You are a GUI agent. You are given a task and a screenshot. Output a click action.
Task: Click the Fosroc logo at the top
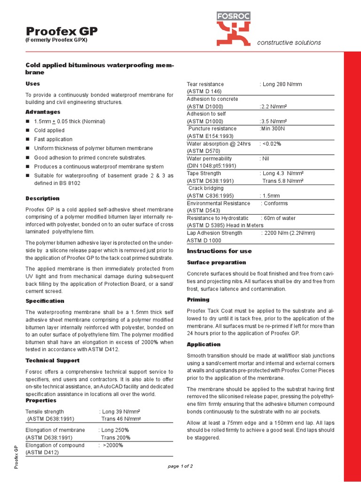(233, 27)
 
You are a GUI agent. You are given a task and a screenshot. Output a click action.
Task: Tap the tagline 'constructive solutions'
(289, 43)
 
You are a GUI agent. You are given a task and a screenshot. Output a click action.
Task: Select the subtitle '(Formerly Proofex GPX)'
(56, 40)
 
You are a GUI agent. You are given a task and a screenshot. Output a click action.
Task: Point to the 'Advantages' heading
(43, 112)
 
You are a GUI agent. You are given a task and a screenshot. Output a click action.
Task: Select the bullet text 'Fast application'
(53, 139)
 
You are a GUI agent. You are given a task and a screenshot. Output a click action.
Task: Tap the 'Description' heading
(42, 199)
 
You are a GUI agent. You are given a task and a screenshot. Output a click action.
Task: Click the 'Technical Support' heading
(52, 361)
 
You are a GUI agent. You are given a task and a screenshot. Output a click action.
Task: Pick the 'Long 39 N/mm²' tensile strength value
(120, 411)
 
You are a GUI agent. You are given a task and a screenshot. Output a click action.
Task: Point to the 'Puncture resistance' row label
(212, 129)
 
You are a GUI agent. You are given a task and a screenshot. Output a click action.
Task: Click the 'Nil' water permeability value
(265, 159)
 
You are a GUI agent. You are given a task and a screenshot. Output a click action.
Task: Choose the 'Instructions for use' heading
(219, 251)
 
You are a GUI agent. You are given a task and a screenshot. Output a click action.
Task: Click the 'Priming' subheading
(198, 300)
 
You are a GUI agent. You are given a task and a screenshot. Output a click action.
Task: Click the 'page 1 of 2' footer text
(180, 466)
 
